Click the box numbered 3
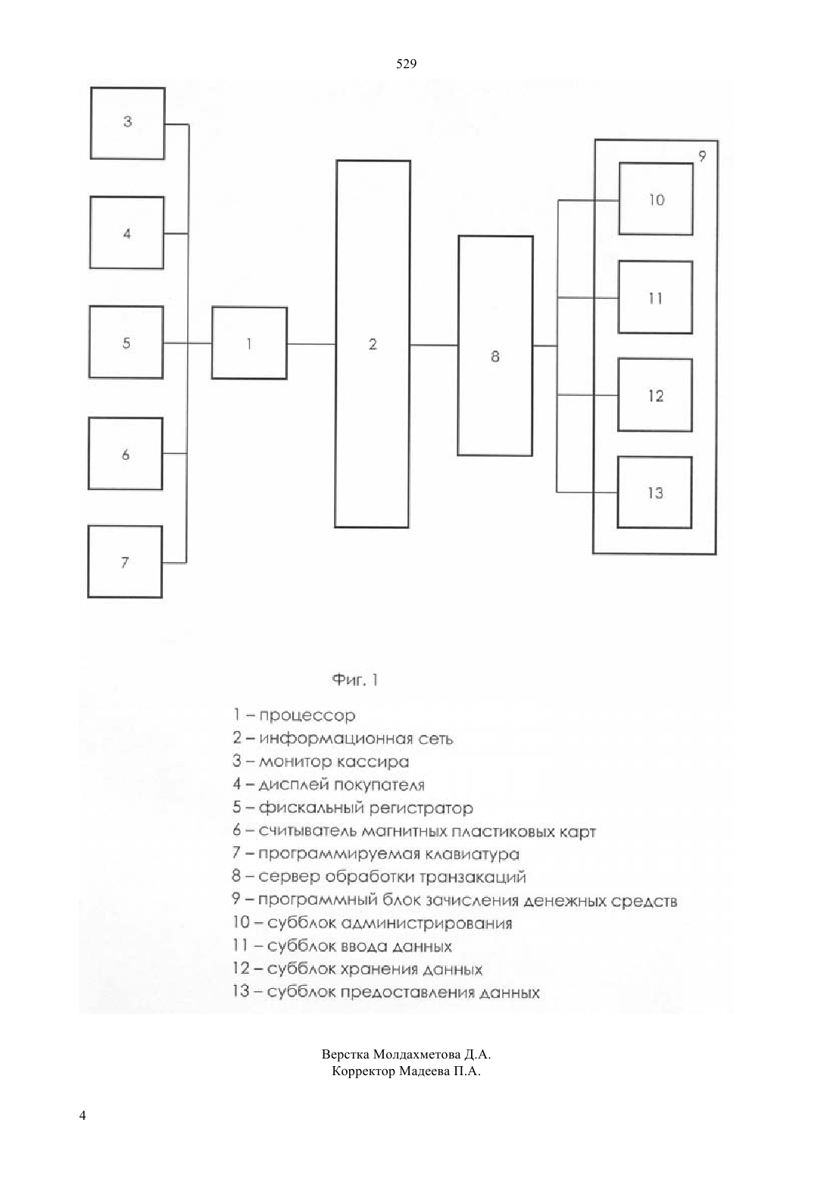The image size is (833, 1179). point(128,124)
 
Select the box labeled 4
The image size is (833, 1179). point(126,233)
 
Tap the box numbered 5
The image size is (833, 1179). point(126,342)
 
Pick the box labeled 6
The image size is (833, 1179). point(125,454)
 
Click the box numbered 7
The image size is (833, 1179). point(125,561)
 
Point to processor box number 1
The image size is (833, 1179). point(249,343)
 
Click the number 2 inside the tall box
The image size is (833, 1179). point(373,344)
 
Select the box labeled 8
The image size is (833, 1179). point(495,346)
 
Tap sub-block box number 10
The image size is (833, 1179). point(656,199)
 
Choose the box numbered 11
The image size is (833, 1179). point(655,297)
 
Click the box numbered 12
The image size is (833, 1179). point(655,396)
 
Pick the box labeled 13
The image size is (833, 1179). point(654,493)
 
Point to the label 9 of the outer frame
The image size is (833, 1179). point(702,156)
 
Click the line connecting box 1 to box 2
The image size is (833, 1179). point(311,344)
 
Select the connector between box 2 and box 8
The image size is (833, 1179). point(434,346)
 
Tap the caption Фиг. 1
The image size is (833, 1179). point(355,680)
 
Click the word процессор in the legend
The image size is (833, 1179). point(307,716)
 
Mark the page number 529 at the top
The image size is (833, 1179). point(406,64)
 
